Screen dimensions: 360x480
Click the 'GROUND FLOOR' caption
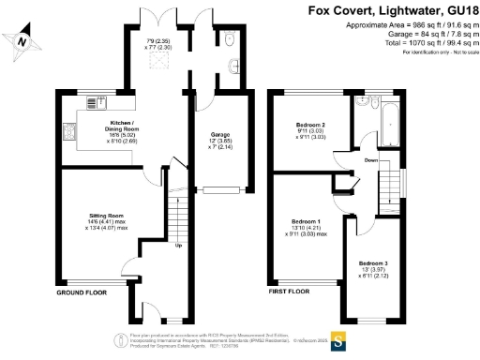tap(82, 292)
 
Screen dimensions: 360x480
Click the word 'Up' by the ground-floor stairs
tap(178, 247)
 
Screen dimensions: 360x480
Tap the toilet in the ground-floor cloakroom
tap(231, 38)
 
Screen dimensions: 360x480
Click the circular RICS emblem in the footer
tap(120, 339)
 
